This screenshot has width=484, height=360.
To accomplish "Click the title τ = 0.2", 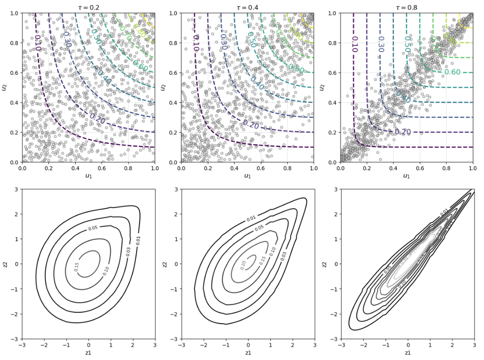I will click(88, 7).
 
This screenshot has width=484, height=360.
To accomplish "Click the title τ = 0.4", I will click(248, 7).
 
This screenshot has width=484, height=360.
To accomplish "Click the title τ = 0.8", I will click(407, 7).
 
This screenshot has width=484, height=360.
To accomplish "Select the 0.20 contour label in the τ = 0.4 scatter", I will click(251, 124).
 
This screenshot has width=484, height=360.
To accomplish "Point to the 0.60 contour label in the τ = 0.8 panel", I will click(452, 72).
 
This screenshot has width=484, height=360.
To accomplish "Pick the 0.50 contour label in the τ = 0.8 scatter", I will click(407, 44).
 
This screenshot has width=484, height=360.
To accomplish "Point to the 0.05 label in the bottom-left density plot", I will click(93, 228).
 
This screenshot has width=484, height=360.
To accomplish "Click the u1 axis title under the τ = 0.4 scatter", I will click(248, 175).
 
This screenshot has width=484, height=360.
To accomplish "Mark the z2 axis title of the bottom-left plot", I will click(5, 264).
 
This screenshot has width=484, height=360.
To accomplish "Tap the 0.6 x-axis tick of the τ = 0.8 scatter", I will click(420, 168).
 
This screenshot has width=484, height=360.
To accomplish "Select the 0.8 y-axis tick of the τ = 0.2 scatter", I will click(15, 43).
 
